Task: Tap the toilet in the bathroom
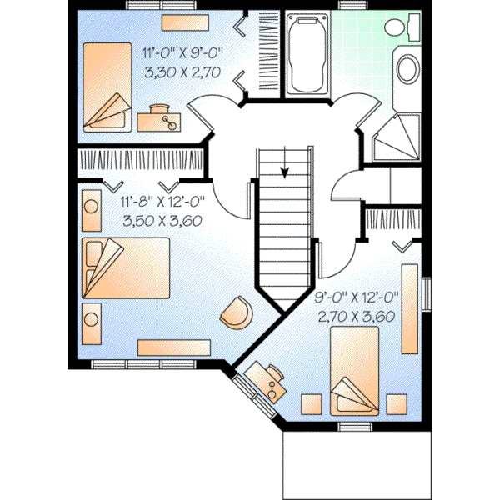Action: pos(409,29)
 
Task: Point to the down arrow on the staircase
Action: pos(285,171)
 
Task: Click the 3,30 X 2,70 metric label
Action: pos(182,72)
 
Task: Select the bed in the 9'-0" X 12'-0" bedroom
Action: pos(355,370)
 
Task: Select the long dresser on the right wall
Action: pos(409,308)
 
